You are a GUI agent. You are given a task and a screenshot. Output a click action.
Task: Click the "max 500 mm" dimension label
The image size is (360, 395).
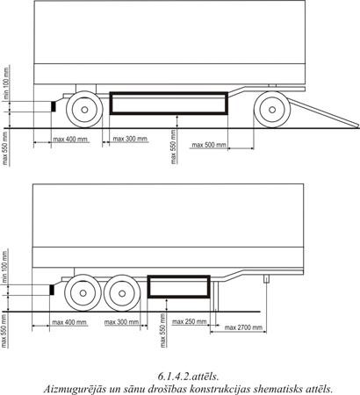[209, 145]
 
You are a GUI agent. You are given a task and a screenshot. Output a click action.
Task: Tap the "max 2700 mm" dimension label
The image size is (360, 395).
[243, 327]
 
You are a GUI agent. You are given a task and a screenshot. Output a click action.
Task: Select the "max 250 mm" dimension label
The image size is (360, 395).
[189, 322]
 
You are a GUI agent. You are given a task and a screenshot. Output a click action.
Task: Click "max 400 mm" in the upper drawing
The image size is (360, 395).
[70, 139]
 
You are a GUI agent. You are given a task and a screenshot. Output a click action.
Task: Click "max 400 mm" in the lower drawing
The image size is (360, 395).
[69, 322]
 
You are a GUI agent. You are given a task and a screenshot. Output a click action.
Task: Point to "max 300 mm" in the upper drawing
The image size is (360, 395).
[130, 139]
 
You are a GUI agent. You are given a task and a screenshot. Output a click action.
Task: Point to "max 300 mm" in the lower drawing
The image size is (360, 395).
[121, 322]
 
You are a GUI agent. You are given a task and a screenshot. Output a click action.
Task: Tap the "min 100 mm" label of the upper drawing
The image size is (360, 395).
[6, 83]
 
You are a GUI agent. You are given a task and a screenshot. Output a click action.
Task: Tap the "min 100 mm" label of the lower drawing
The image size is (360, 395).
[5, 266]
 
